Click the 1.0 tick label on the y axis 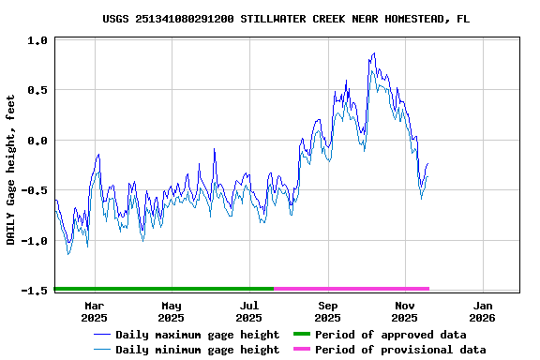(37, 40)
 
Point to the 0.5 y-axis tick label (37, 90)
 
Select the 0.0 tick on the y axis (37, 141)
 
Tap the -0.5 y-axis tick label (35, 190)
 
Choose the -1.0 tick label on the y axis (35, 241)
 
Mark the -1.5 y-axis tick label (35, 291)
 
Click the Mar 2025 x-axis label (95, 311)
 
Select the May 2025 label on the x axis (172, 311)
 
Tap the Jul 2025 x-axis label (249, 311)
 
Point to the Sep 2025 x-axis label (328, 311)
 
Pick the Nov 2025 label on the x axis (405, 311)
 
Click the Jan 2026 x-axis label (483, 311)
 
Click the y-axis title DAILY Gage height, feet (11, 170)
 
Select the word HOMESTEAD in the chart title (406, 19)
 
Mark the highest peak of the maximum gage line (374, 53)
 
